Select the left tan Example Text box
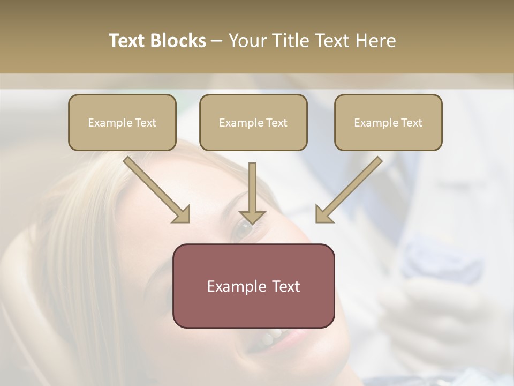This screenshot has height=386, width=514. [122, 122]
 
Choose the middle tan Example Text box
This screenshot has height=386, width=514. [253, 122]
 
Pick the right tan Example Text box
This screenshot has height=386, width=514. [388, 122]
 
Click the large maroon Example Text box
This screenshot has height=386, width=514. [253, 286]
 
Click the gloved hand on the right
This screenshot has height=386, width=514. [428, 306]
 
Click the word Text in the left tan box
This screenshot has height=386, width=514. [146, 122]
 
